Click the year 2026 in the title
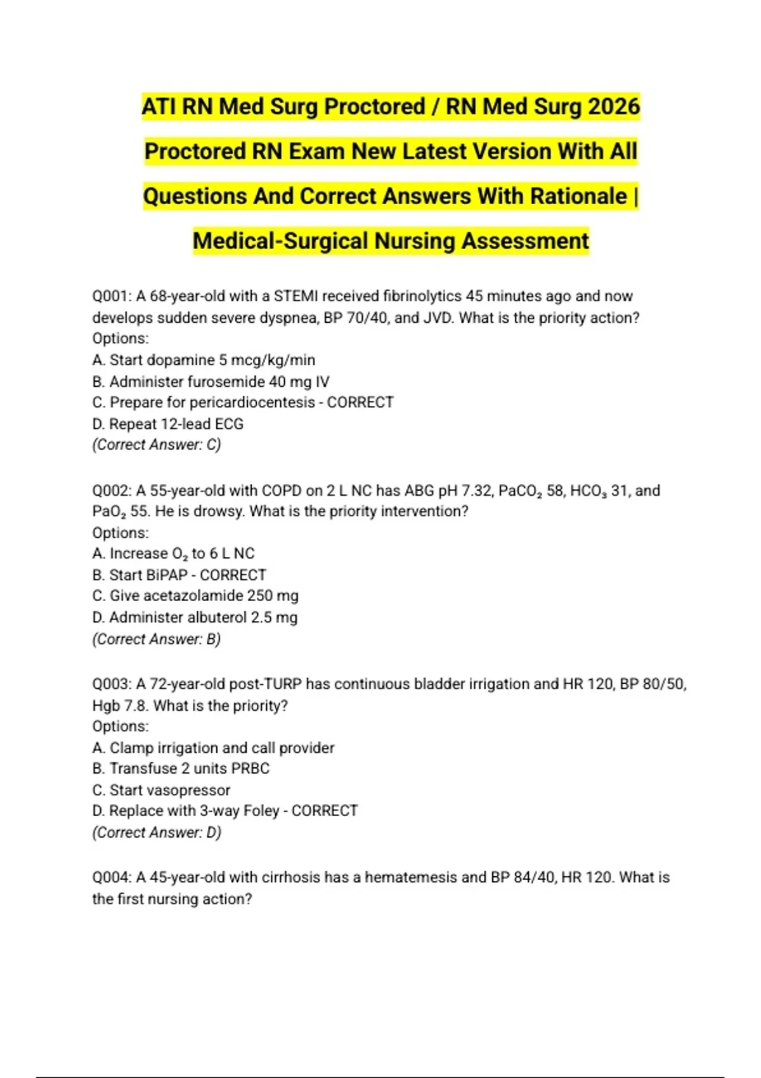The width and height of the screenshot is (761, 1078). pos(613,107)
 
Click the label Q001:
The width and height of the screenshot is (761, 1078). pos(112,297)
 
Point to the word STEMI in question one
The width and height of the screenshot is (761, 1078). pos(296,297)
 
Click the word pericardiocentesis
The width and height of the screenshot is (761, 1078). pos(252,403)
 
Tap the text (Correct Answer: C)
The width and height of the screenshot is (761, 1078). pos(157,445)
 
